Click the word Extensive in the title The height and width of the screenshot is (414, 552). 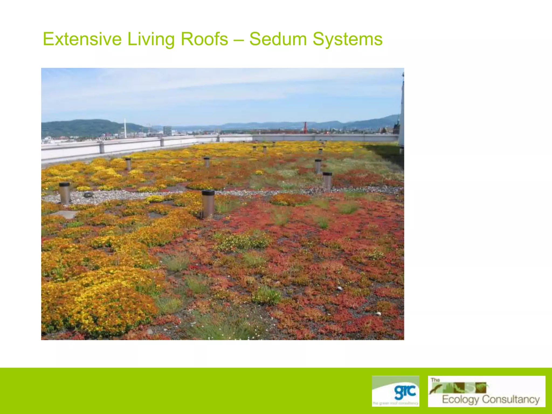click(x=82, y=39)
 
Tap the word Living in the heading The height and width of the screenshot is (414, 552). click(x=151, y=39)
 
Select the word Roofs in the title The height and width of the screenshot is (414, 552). click(x=204, y=39)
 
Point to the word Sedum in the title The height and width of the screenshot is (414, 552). click(x=278, y=39)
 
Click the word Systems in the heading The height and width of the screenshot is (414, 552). click(x=347, y=39)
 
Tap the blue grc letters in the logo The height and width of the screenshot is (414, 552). click(x=405, y=392)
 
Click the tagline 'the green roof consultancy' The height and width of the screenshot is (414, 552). click(x=395, y=403)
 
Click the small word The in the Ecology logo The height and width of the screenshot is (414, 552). click(x=435, y=380)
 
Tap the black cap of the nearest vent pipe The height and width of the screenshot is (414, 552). click(x=208, y=192)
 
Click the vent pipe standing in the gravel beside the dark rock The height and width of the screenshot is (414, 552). click(x=64, y=193)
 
